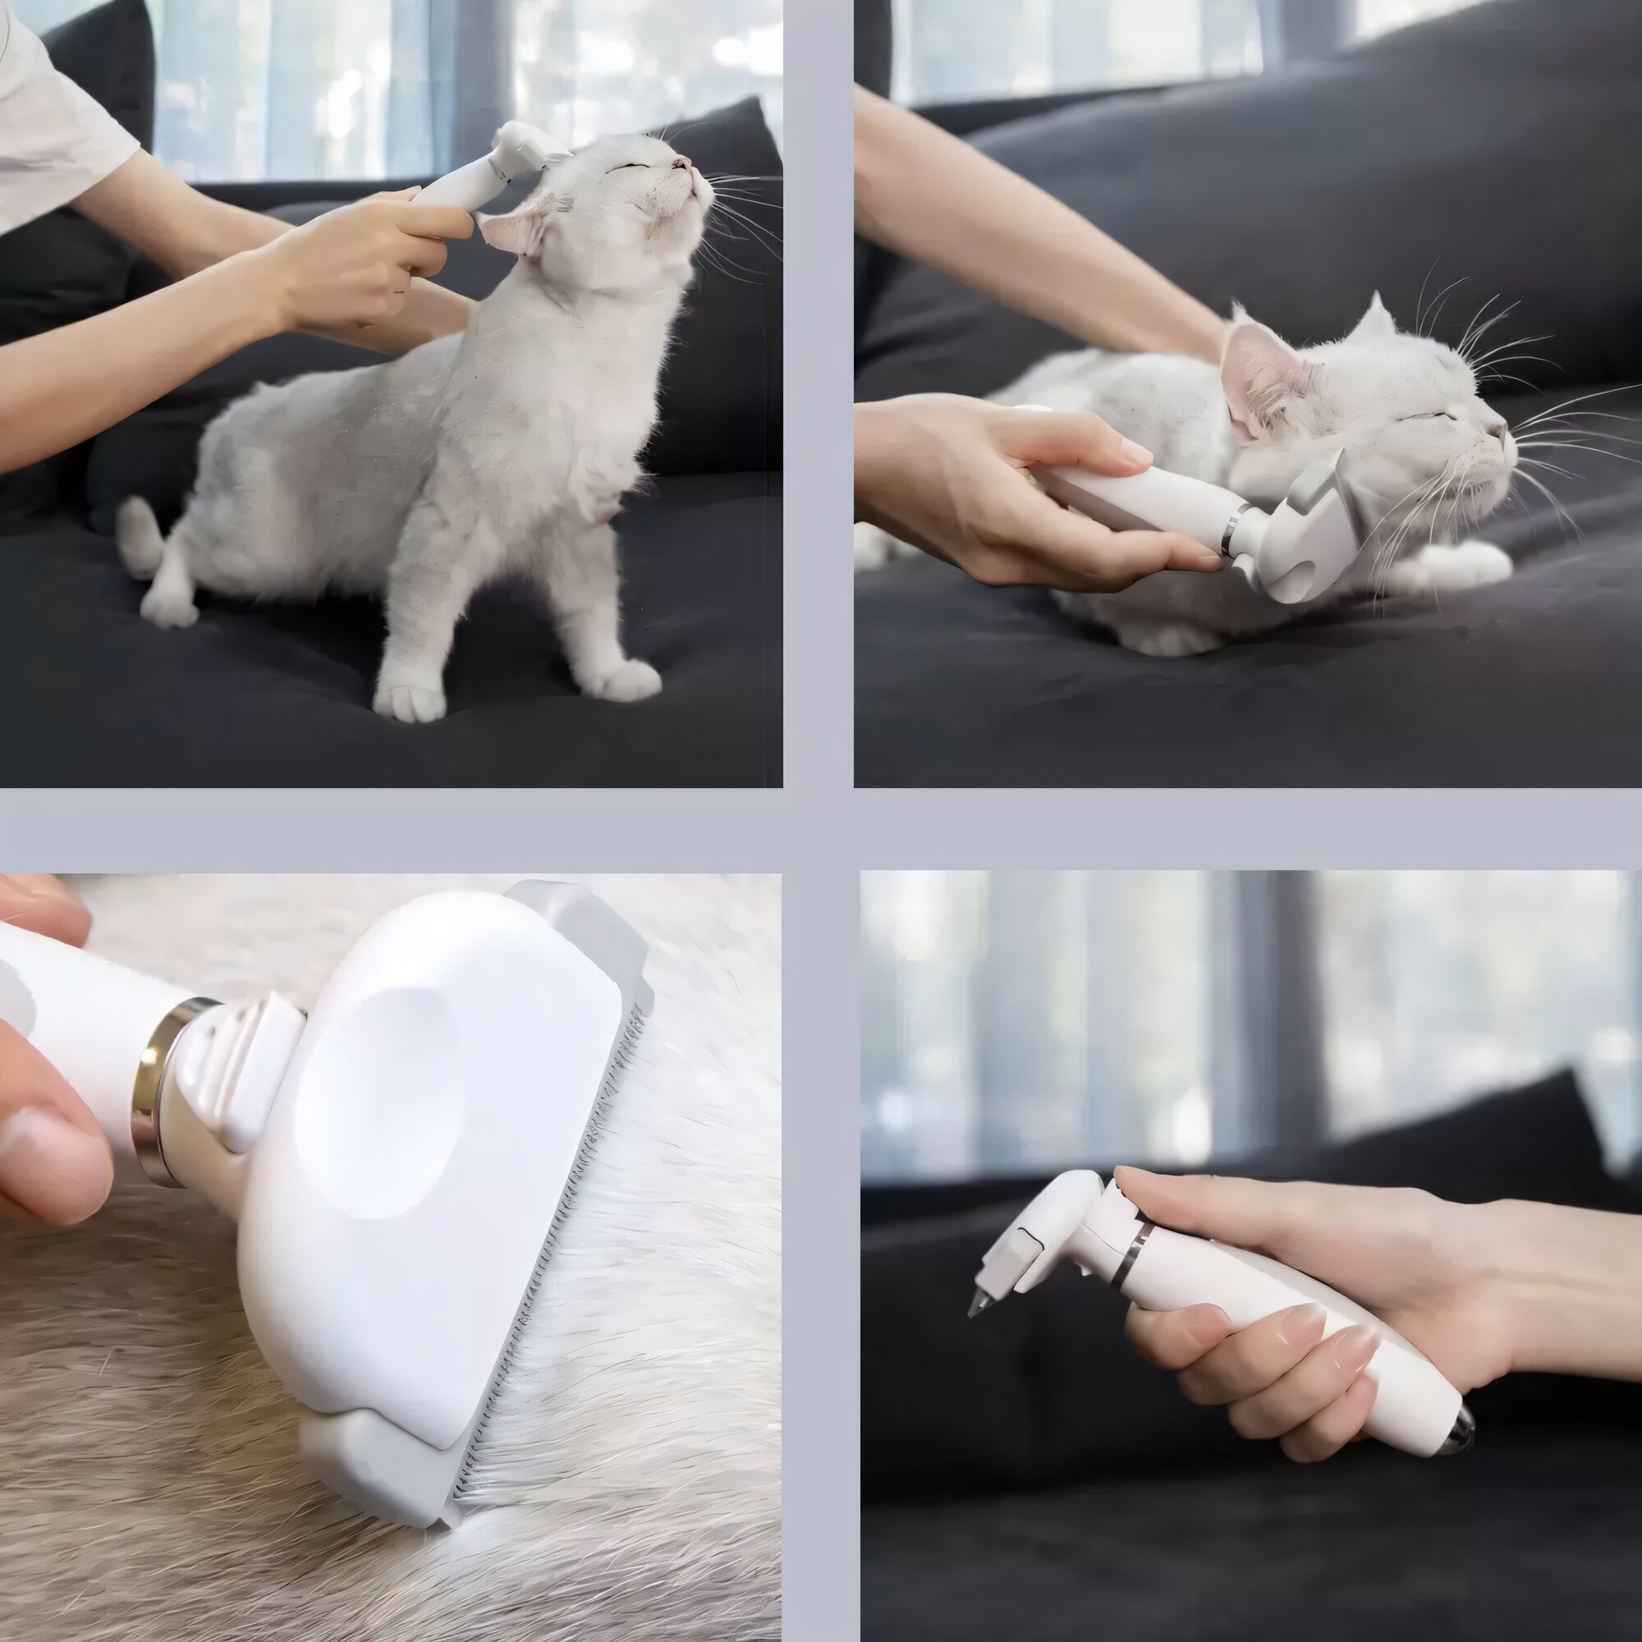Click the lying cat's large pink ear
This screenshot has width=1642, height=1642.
click(x=1256, y=374)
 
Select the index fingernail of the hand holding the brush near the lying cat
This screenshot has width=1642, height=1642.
click(x=1135, y=452)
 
